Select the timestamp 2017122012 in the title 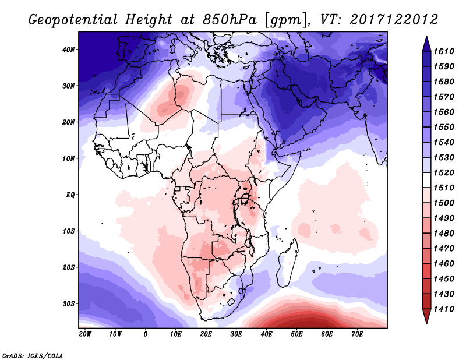(x=394, y=20)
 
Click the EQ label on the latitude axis (x=69, y=195)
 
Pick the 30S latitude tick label (x=69, y=303)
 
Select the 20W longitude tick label (x=85, y=334)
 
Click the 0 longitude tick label (x=146, y=334)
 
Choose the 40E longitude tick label (x=267, y=334)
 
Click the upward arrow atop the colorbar (x=426, y=41)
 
